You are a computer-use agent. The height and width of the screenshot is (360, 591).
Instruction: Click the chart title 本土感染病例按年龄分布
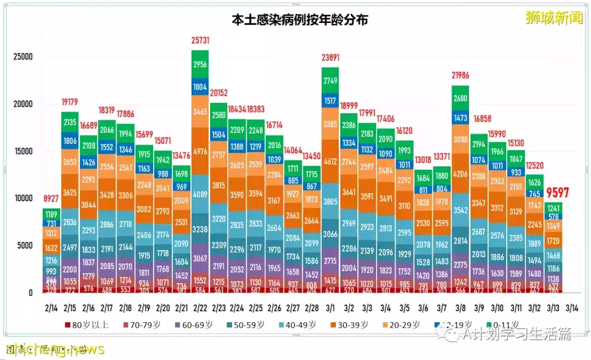[x=299, y=20]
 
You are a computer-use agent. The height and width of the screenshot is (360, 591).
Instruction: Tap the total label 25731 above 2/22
[x=200, y=41]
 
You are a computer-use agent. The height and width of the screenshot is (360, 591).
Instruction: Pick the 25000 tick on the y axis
[x=23, y=57]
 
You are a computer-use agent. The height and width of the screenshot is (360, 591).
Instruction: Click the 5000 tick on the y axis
[x=25, y=246]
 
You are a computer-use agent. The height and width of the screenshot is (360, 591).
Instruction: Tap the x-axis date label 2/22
[x=200, y=307]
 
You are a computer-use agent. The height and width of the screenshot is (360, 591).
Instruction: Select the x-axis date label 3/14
[x=573, y=307]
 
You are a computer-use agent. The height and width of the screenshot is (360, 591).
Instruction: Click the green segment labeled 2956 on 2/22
[x=200, y=65]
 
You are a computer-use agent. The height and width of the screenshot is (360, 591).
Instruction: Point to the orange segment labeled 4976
[x=200, y=148]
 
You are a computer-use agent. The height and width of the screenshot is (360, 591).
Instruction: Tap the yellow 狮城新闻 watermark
[x=554, y=18]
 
